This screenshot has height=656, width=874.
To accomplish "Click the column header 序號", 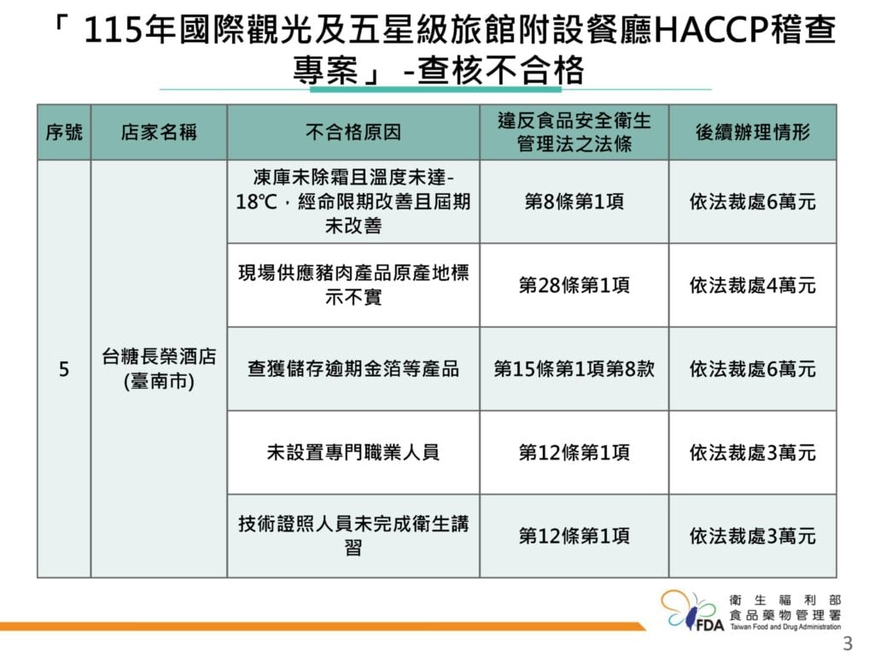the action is click(64, 132).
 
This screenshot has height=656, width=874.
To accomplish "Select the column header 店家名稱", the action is click(159, 132).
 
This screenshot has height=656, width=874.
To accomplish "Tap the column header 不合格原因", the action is click(353, 132).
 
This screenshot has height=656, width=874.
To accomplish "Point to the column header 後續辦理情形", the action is click(753, 132).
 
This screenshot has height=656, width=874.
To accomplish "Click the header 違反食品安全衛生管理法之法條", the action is click(574, 132).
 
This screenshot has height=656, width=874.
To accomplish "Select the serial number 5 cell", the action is click(64, 369).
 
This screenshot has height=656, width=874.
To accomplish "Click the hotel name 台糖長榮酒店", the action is click(159, 356).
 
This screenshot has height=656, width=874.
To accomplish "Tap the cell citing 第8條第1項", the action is click(574, 202).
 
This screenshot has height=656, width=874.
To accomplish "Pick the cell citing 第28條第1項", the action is click(574, 285).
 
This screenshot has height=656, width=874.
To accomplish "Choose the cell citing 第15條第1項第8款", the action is click(574, 369).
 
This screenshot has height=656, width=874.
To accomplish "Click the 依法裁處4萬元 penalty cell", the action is click(753, 285).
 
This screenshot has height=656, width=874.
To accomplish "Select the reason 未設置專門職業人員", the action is click(353, 453).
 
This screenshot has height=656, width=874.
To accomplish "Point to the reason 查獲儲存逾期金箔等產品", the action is click(353, 369).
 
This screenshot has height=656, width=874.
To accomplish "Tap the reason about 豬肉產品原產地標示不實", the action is click(353, 285).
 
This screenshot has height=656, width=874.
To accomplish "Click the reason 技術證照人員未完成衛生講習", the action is click(353, 536).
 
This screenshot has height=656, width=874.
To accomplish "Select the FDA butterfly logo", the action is click(692, 612).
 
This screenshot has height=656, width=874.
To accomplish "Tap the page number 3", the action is click(848, 643).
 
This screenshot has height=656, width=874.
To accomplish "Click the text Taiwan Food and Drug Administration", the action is click(785, 627).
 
